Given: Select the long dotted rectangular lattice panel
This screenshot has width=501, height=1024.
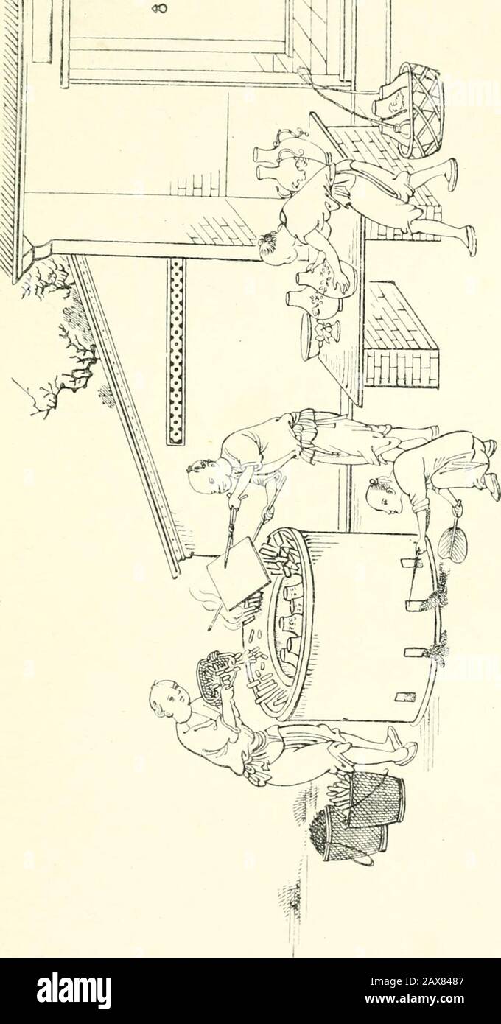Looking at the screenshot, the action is point(176,351).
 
